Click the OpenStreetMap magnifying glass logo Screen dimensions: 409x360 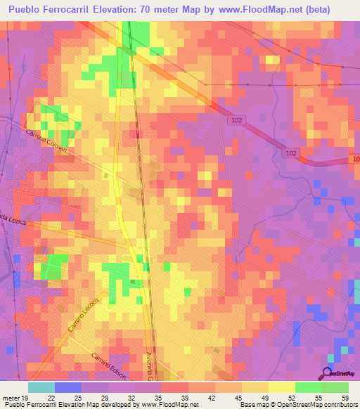click(326, 373)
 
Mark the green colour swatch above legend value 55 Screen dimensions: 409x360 click(309, 387)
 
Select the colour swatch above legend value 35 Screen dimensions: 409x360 click(174, 387)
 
